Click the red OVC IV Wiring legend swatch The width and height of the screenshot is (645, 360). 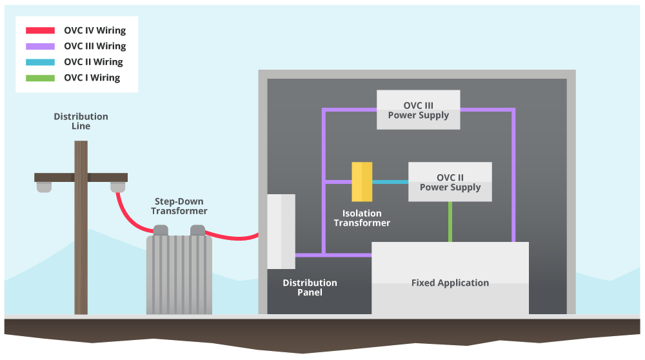[40, 30]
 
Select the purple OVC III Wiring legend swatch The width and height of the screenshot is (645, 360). [40, 46]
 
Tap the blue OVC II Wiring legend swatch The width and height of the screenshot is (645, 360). [40, 62]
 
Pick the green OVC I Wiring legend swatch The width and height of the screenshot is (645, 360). [40, 78]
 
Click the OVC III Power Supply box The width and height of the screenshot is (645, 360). [418, 110]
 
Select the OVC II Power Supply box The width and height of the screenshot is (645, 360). [450, 182]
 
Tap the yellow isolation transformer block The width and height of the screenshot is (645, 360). [362, 182]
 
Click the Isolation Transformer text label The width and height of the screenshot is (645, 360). [362, 218]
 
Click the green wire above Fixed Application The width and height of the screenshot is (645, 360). [450, 221]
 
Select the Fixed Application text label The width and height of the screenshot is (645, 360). [450, 283]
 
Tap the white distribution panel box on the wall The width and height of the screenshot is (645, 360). [281, 231]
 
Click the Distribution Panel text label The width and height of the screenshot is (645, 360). [310, 288]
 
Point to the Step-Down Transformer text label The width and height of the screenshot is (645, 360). [179, 206]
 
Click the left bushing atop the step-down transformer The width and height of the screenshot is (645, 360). [160, 230]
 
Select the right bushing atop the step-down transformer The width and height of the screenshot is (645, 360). [197, 230]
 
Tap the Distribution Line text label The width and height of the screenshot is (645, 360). [81, 121]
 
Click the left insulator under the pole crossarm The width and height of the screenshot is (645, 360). [44, 186]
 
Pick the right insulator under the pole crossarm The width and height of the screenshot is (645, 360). [117, 186]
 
